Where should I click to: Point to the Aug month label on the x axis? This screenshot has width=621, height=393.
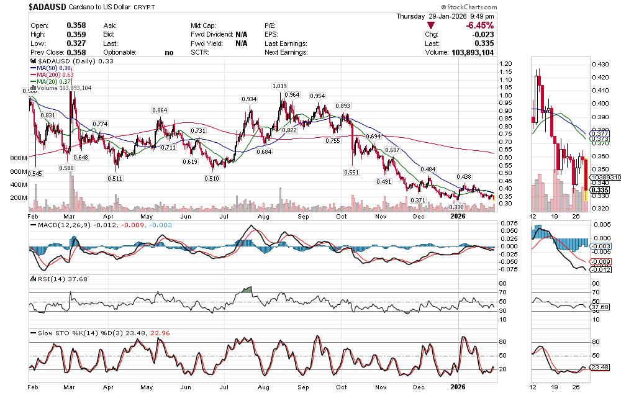pos(263,386)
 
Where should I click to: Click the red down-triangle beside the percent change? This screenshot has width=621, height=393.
pos(431,25)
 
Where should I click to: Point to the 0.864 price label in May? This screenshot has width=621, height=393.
pos(160,111)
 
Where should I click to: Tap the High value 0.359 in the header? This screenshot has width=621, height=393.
pos(76,34)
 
